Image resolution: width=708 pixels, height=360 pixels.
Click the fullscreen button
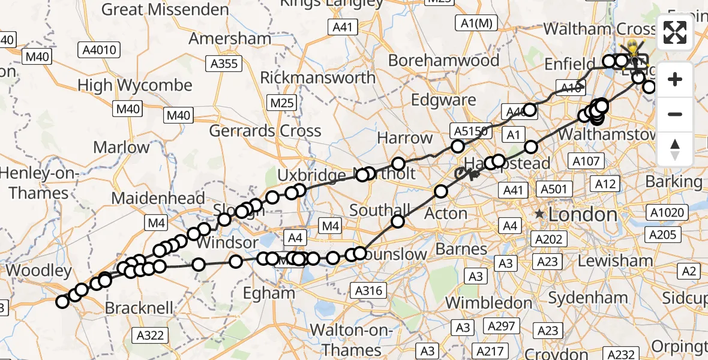[x=676, y=33]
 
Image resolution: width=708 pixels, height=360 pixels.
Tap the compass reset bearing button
[x=676, y=149]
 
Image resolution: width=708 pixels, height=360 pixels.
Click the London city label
[x=583, y=214]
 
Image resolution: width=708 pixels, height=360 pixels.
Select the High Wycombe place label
[x=135, y=85]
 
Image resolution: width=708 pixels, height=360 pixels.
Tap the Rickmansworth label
[x=317, y=77]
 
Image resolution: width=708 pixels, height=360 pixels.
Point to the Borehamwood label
[x=443, y=61]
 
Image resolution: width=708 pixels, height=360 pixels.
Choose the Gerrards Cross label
[x=265, y=131]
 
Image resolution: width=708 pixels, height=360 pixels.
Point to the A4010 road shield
[x=100, y=50]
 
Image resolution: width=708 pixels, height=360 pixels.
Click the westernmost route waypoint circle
[x=62, y=302]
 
